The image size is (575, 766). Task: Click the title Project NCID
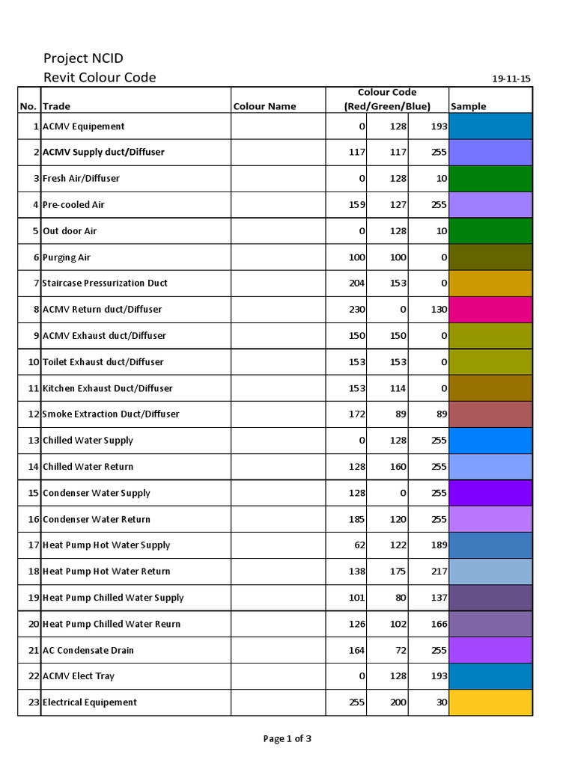[83, 58]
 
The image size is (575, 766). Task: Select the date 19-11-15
[511, 79]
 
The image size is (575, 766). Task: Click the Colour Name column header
[264, 106]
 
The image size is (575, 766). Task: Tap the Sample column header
[469, 106]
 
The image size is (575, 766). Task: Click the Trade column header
[56, 106]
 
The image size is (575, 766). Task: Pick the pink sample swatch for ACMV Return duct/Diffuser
[490, 310]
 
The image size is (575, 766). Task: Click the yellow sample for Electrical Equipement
[490, 702]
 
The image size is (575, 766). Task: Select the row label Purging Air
[67, 257]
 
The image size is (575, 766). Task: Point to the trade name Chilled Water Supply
[88, 441]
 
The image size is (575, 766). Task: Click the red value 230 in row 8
[357, 310]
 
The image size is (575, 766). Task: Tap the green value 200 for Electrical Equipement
[398, 702]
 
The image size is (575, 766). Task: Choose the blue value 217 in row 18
[439, 572]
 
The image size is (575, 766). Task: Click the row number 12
[33, 414]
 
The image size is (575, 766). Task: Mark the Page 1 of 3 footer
[287, 739]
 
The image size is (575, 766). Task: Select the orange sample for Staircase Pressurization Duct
[490, 284]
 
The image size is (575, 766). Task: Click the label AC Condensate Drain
[88, 650]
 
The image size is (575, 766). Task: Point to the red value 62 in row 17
[359, 545]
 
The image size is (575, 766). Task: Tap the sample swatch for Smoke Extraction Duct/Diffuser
[490, 414]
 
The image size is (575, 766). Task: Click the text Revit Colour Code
[100, 78]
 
